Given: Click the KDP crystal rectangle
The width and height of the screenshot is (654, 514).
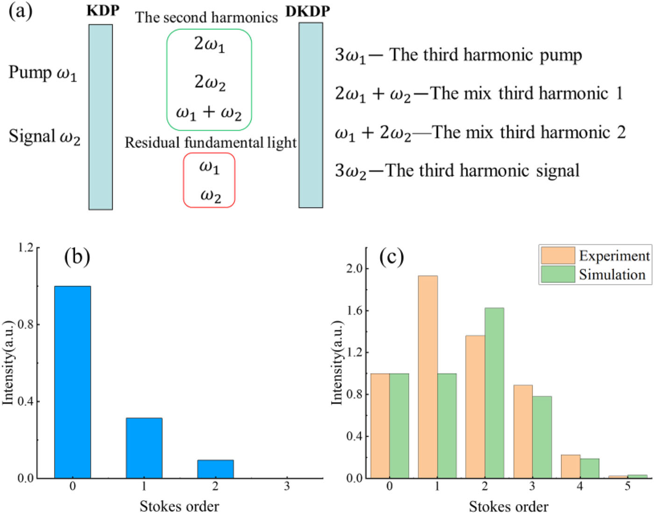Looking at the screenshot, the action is click(100, 117).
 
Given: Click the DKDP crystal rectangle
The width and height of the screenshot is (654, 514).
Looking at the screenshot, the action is click(311, 115).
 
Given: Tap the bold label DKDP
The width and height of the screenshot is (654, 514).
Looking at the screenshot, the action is click(307, 11).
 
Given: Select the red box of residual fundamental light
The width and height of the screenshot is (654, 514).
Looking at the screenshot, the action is click(184, 180).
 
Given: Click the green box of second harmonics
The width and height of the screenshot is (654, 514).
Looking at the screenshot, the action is click(167, 80).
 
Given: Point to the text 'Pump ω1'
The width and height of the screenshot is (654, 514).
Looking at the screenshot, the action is click(43, 73).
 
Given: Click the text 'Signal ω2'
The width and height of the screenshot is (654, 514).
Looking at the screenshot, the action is click(44, 137).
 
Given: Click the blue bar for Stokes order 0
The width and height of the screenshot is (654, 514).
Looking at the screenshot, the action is click(72, 382).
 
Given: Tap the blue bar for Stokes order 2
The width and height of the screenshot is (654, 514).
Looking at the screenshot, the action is click(215, 469).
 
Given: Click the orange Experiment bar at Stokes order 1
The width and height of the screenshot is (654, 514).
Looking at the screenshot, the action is click(428, 377).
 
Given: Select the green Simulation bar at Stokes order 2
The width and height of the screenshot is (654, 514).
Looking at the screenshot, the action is click(494, 393).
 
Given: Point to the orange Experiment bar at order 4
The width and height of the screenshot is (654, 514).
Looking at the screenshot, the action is click(571, 466).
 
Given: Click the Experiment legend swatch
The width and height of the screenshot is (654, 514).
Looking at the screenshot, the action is click(558, 255).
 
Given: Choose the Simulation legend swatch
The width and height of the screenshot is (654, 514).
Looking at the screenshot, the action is click(558, 274).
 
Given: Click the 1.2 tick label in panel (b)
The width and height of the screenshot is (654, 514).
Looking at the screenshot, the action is click(26, 247).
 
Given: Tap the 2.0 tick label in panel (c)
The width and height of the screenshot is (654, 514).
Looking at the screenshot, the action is click(354, 268).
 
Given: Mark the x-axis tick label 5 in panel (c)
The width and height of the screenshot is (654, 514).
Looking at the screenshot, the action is click(627, 486).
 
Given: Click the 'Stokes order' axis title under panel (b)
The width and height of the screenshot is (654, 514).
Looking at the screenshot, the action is click(180, 506).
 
